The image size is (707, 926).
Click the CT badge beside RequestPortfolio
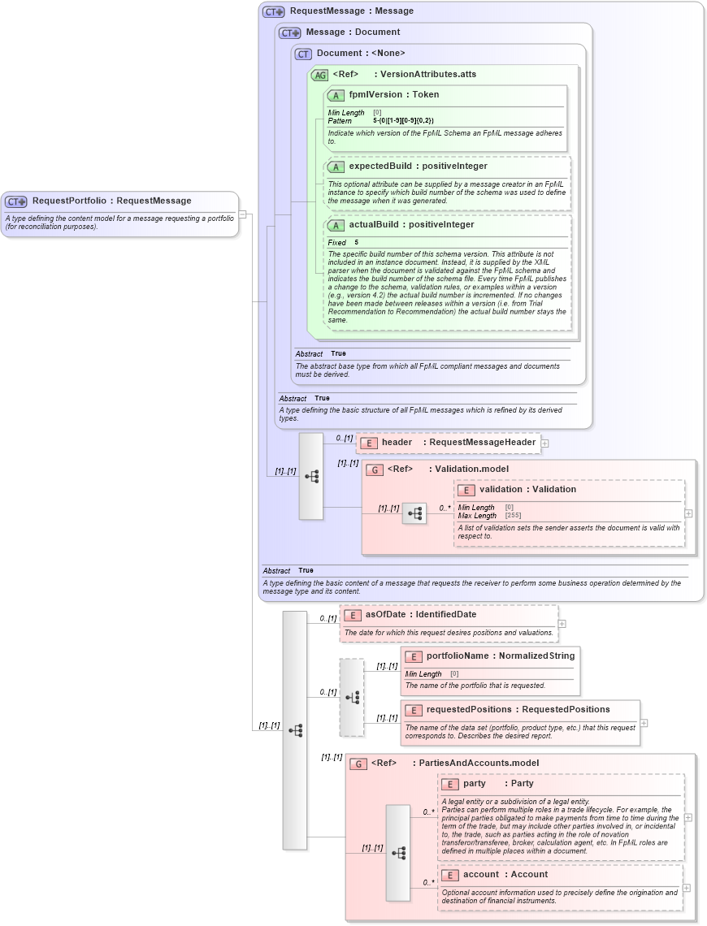coord(16,201)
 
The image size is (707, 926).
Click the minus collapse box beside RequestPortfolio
coord(241,214)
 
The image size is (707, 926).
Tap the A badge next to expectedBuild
coord(336,167)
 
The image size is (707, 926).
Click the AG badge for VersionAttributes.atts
coord(319,74)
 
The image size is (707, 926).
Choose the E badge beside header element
coord(369,443)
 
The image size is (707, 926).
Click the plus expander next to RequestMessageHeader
coord(544,444)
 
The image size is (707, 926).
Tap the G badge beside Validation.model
coord(375,469)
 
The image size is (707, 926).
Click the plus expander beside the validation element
coord(688,513)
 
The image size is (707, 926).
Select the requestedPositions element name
coord(469,710)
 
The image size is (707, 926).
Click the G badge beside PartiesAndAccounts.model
coord(358,764)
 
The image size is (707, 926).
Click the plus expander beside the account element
coord(687,887)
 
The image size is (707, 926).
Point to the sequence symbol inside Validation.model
coord(414,513)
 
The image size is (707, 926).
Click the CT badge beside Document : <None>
coord(303,54)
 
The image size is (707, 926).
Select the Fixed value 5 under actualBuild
coord(356,242)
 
